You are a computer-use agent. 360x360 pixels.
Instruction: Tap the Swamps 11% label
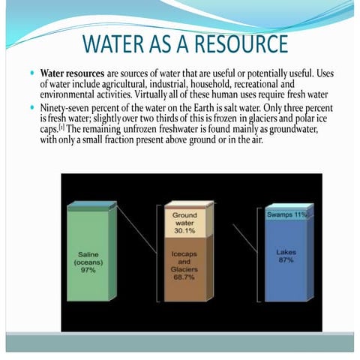pyautogui.click(x=287, y=214)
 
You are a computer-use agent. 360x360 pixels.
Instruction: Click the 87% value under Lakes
pyautogui.click(x=286, y=260)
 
